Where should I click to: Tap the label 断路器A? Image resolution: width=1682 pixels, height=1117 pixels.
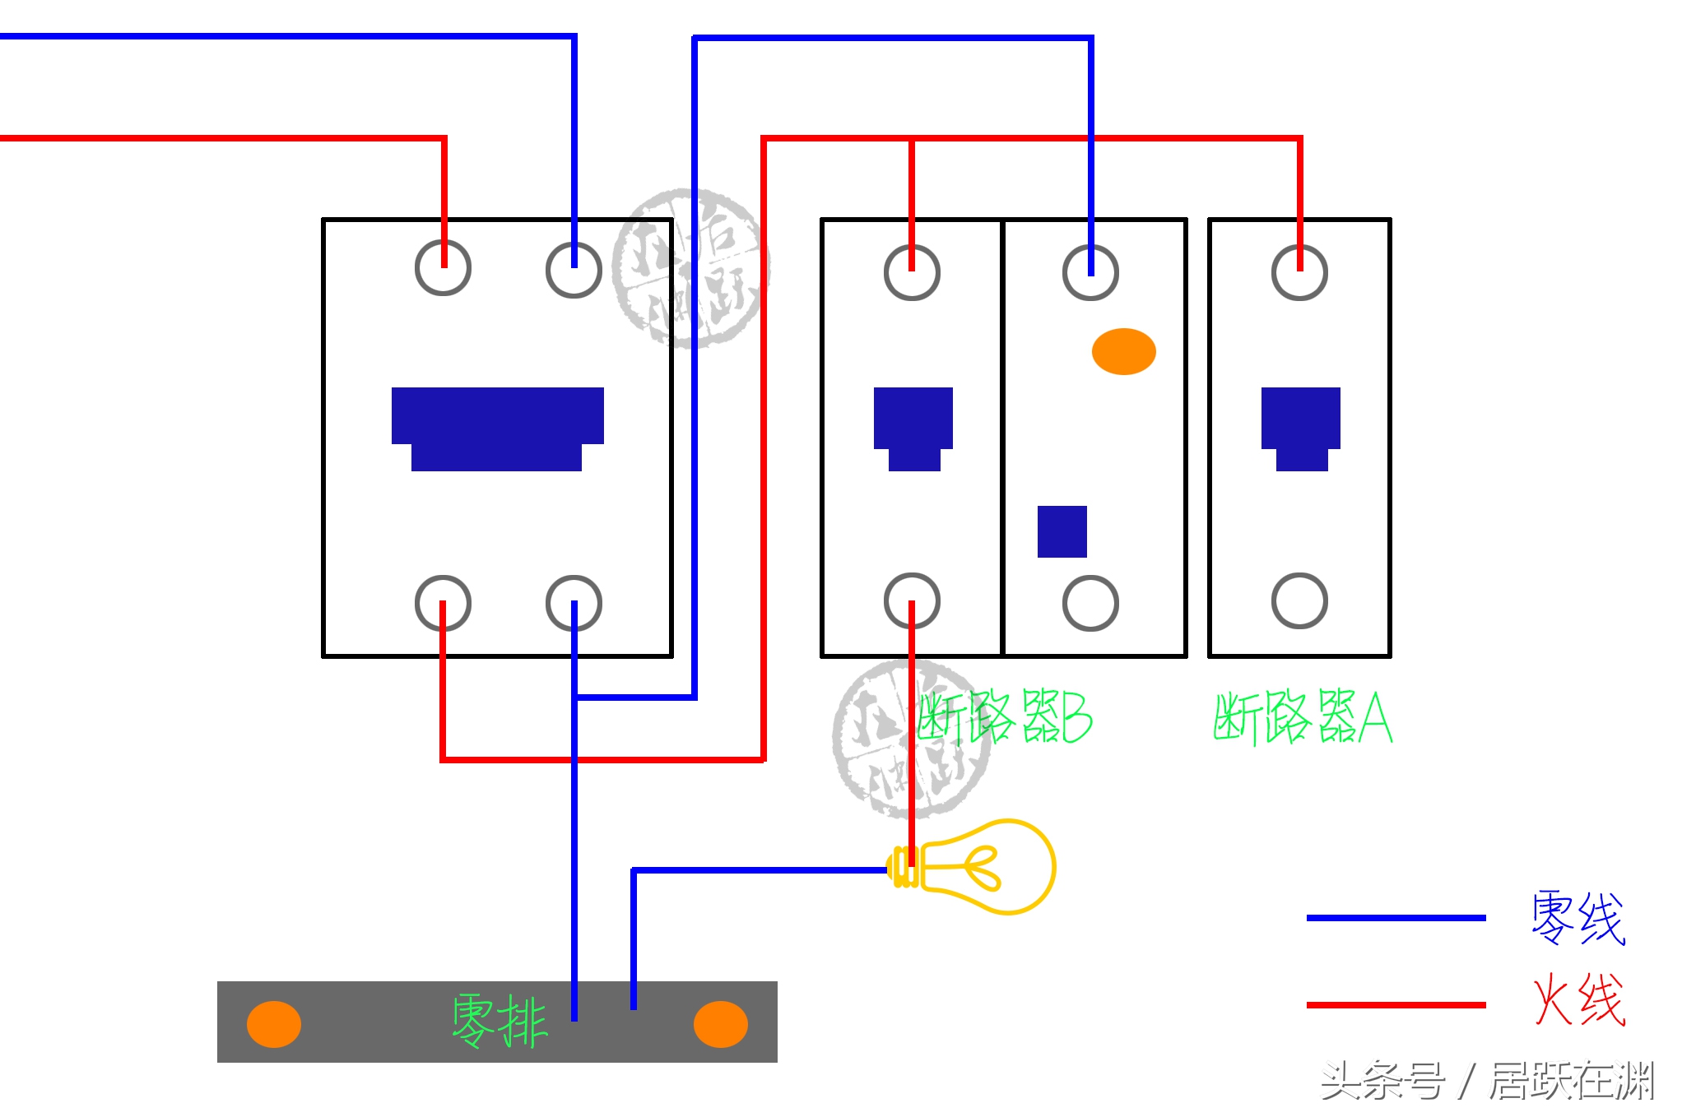[1302, 717]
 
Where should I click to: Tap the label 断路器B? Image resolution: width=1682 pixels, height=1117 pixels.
[1006, 717]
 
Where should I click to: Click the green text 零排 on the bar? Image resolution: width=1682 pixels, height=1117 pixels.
[499, 1020]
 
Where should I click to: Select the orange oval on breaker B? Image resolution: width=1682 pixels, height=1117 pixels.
[1123, 351]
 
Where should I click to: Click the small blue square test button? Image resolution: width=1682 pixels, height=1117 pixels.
[1062, 531]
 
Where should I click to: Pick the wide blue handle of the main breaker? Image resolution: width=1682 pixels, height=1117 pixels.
[497, 428]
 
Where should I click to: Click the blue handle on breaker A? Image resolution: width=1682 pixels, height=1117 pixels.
[1300, 428]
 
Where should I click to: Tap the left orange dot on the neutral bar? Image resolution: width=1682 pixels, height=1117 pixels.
[274, 1024]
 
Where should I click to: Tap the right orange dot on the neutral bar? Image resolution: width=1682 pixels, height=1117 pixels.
[720, 1024]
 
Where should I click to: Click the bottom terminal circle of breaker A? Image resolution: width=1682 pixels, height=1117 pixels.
[1299, 600]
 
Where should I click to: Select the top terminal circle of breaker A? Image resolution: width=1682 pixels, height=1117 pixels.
[1299, 272]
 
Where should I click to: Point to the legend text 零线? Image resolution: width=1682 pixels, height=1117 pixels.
[1577, 917]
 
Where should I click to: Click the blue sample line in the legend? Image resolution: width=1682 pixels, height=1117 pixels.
[1396, 917]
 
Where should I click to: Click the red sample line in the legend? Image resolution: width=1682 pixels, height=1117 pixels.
[1396, 1004]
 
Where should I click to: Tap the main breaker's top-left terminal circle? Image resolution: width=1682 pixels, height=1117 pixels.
[443, 268]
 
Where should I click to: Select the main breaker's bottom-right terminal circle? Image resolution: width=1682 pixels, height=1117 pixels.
[574, 603]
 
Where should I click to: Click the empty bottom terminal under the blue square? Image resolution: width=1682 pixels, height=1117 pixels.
[1090, 603]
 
